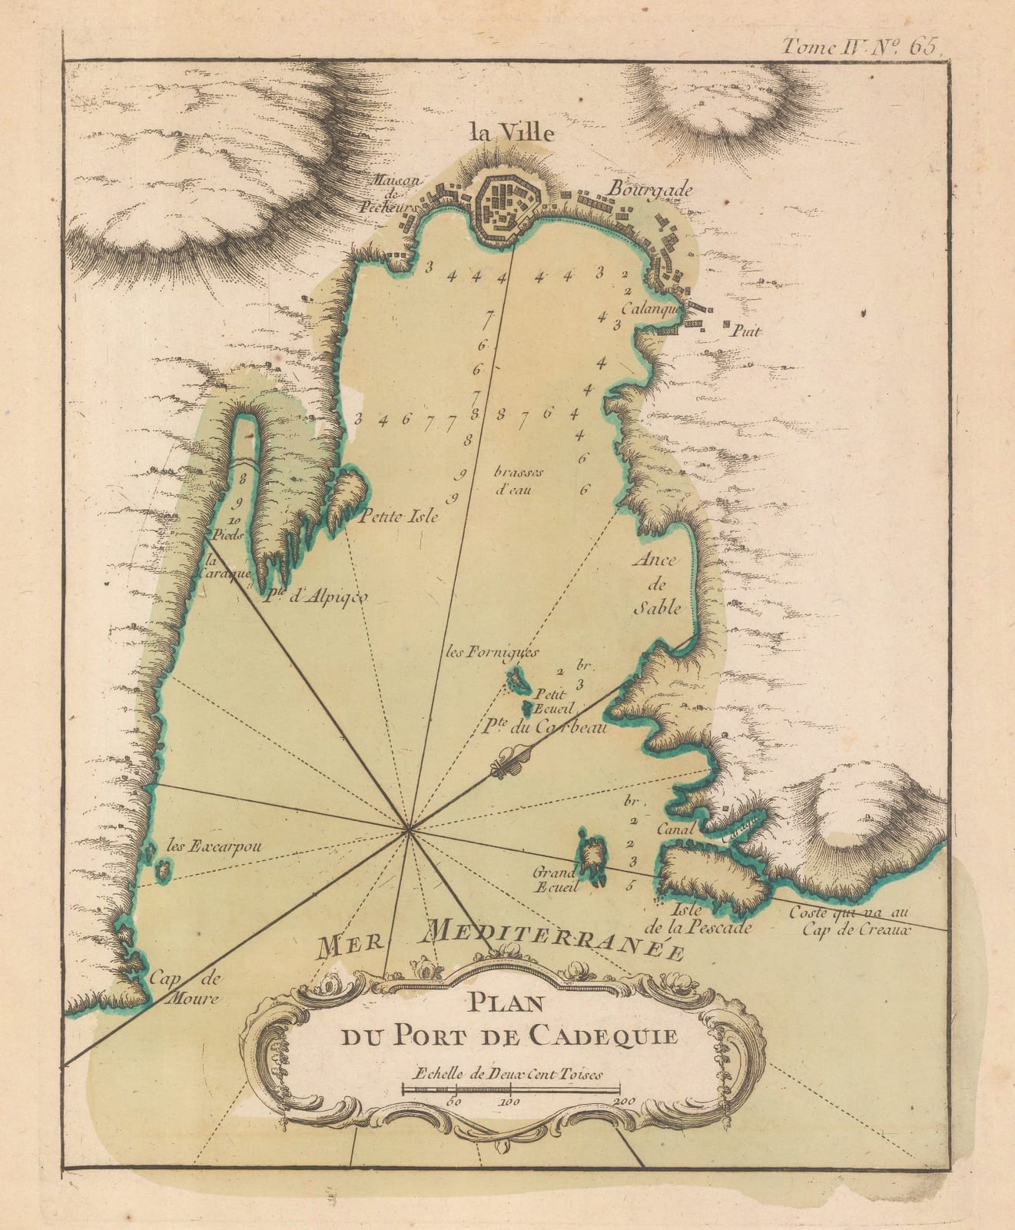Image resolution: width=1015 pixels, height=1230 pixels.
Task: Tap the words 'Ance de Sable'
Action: tap(656, 583)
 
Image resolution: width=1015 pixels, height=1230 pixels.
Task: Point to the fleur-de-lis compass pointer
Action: tap(511, 761)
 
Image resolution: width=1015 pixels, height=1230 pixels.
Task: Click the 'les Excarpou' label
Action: tap(214, 847)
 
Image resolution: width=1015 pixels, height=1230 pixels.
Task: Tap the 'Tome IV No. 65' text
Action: tap(859, 46)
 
